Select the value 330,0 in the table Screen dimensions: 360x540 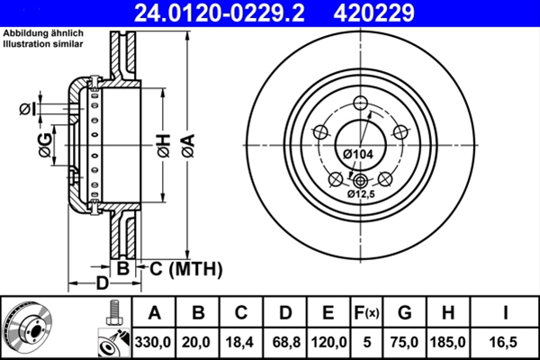(x=154, y=342)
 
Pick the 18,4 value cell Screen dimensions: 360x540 (x=241, y=342)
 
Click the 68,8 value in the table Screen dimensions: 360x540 (x=285, y=342)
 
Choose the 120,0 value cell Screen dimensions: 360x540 (x=329, y=342)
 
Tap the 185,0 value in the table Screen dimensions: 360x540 (x=449, y=342)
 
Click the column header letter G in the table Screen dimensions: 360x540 (x=405, y=312)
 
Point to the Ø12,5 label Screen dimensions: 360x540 (x=363, y=193)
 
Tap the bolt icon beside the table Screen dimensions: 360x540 (x=112, y=313)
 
